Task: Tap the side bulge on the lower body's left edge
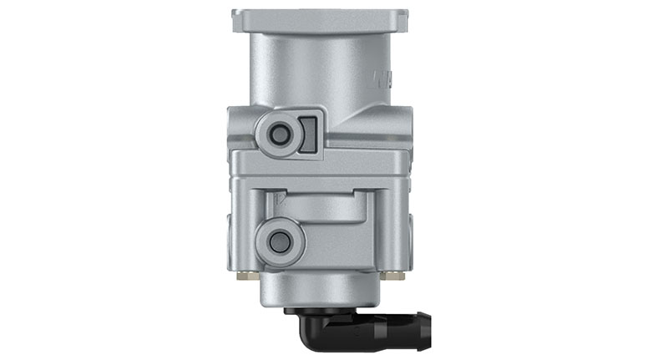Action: [x=228, y=230]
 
